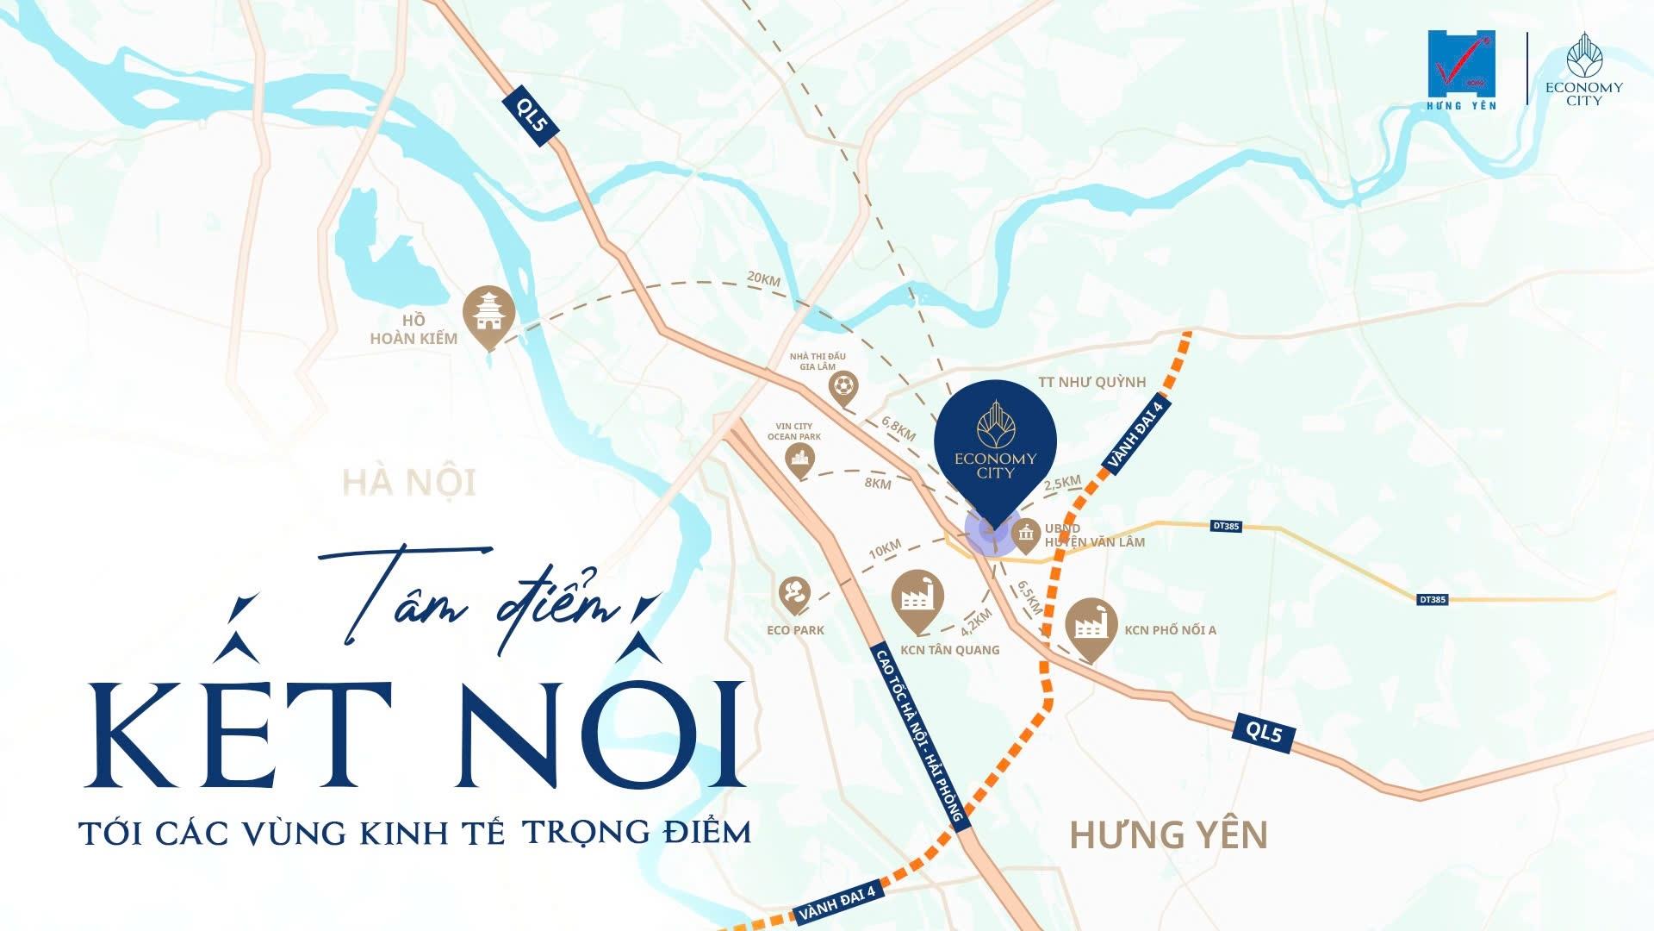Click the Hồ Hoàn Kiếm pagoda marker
click(x=488, y=316)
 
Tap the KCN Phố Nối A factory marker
click(x=1091, y=627)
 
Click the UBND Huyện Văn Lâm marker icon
click(x=1025, y=535)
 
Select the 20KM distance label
click(x=763, y=279)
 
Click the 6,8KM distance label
click(x=898, y=428)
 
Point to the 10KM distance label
click(x=885, y=549)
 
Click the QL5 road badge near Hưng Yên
click(x=1264, y=733)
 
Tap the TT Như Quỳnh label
click(x=1091, y=382)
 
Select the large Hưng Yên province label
click(x=1168, y=834)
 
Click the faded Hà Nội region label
click(x=409, y=482)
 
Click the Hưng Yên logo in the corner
click(x=1462, y=70)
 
